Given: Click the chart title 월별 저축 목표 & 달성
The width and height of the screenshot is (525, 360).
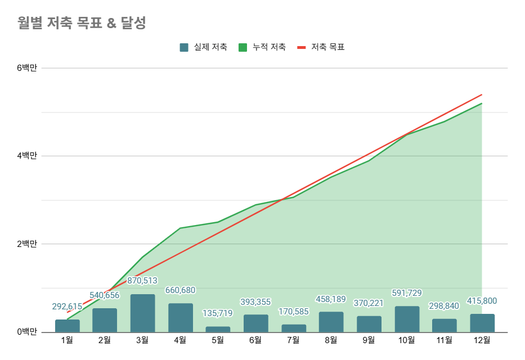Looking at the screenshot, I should click(82, 23).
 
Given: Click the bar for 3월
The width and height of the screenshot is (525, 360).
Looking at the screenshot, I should click(142, 313).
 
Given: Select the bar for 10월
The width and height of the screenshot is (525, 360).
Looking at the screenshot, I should click(407, 319).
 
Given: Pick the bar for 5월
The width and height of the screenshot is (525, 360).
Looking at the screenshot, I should click(218, 329).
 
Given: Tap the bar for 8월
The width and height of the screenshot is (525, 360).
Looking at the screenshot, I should click(331, 322).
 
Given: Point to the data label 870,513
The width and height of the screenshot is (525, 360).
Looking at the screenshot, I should click(142, 281).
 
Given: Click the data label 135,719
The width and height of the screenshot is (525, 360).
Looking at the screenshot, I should click(218, 313).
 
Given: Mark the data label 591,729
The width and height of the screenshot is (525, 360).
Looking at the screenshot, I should click(407, 293).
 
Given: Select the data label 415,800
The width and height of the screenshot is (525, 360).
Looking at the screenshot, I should click(482, 301).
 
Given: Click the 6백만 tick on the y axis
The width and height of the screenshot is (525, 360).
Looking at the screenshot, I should click(26, 68).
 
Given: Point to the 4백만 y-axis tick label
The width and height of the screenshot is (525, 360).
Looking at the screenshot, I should click(26, 156).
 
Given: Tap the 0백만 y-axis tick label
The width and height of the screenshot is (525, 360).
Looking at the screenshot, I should click(26, 332).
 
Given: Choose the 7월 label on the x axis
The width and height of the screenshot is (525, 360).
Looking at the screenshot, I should click(293, 340).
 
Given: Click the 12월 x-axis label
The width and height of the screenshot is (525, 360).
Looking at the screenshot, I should click(482, 340).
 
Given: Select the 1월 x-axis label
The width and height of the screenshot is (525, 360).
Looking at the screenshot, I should click(67, 340).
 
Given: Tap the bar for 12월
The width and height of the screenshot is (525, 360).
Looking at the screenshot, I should click(482, 323).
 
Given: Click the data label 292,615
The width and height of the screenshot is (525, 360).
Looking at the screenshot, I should click(67, 307).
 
